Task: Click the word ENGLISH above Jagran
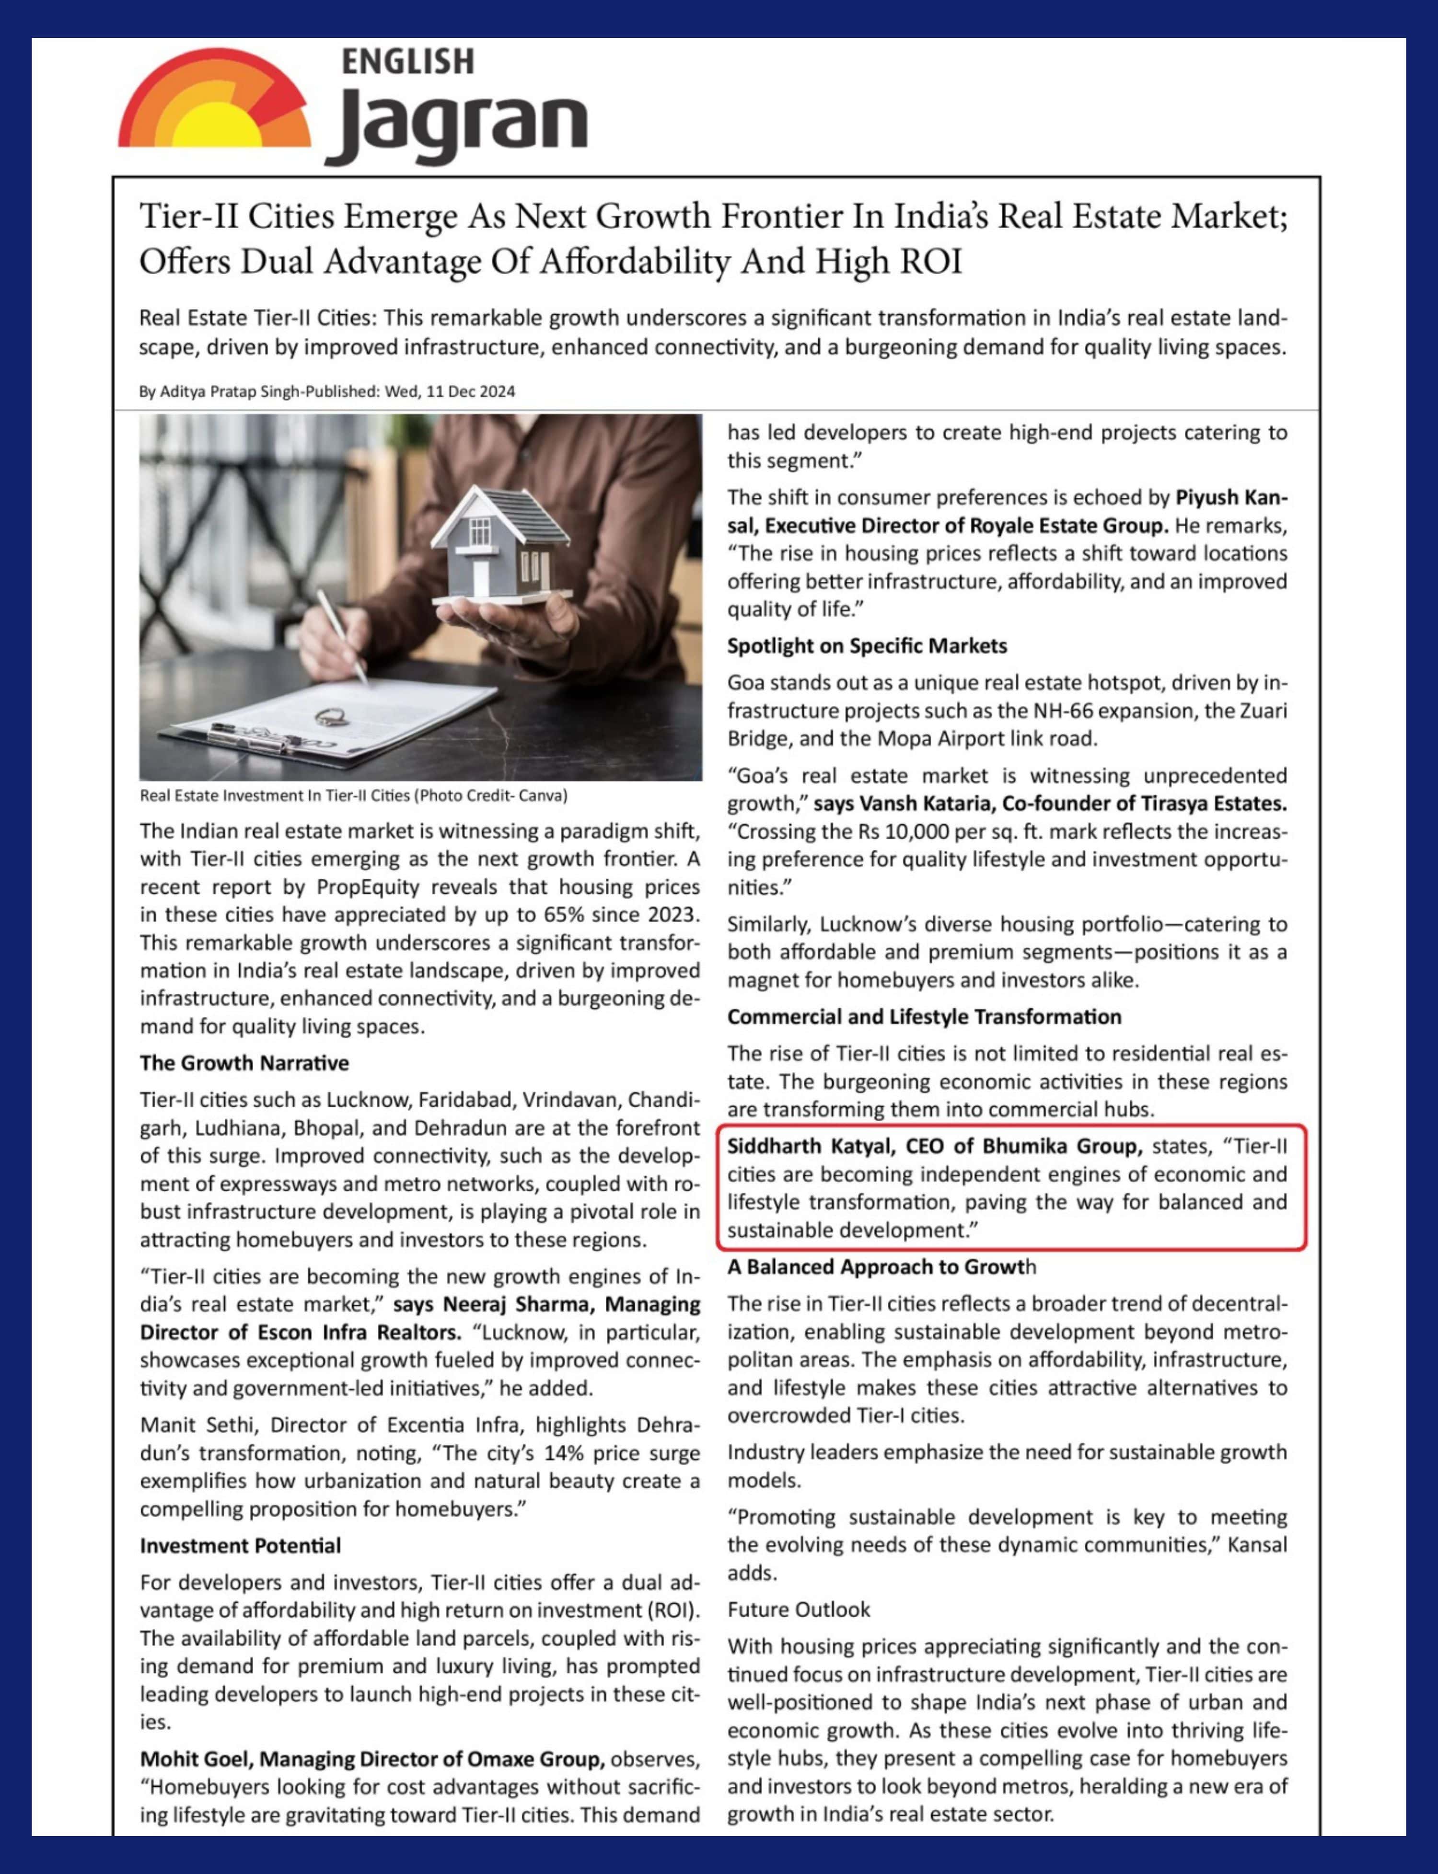click(x=407, y=62)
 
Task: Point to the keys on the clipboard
click(x=329, y=715)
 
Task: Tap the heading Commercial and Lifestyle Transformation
click(x=924, y=1017)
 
